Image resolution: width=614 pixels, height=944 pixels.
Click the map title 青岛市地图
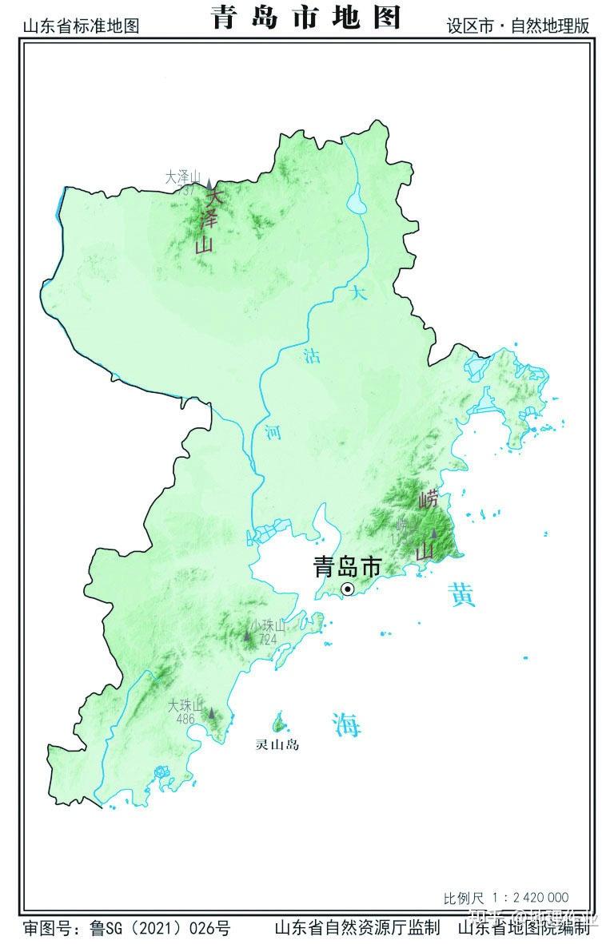pos(306,17)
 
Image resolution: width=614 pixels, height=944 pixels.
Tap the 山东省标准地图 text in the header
pos(81,26)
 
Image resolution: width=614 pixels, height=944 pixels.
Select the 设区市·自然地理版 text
pos(518,26)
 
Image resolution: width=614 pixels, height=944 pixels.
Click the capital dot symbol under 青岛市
pos(348,589)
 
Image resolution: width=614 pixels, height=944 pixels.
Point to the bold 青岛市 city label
pos(347,566)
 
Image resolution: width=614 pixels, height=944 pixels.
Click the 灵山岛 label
pos(277,745)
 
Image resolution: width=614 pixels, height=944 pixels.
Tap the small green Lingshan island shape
pos(281,723)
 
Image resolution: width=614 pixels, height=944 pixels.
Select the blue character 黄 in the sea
pos(462,595)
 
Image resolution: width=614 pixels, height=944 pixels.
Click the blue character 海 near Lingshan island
pos(347,724)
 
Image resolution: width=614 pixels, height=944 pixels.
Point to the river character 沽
pos(312,356)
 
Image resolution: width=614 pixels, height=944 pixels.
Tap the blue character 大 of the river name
pos(359,293)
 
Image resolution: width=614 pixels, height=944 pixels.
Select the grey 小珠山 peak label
pos(267,625)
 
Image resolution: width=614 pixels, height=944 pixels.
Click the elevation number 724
pos(267,639)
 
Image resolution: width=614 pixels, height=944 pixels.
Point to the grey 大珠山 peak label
pos(185,705)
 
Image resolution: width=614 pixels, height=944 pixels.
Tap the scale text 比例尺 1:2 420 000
pos(506,898)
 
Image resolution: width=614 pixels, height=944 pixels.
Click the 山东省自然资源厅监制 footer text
pos(357,928)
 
